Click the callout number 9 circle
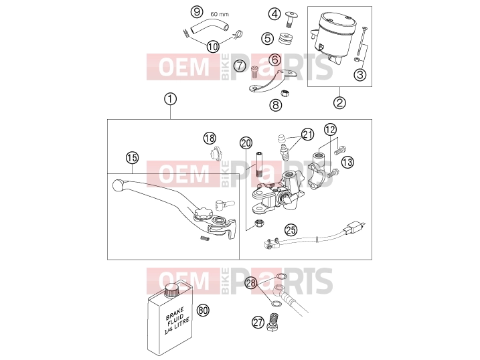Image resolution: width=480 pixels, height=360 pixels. (x=197, y=12)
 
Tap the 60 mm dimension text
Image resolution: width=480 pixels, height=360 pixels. (x=220, y=14)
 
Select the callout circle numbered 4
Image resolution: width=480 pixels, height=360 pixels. (x=274, y=14)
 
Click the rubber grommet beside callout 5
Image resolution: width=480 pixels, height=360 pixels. (x=286, y=38)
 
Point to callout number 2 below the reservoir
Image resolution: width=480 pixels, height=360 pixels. (x=339, y=102)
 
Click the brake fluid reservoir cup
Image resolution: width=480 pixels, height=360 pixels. (x=333, y=35)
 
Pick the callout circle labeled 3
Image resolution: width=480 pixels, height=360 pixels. (x=360, y=74)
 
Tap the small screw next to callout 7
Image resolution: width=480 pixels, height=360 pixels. (x=254, y=72)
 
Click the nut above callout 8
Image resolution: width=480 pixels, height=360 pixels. (x=285, y=92)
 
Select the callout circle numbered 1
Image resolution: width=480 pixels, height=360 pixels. (x=170, y=99)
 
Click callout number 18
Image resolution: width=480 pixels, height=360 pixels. (x=210, y=139)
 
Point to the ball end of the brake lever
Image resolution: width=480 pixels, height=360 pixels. (x=117, y=185)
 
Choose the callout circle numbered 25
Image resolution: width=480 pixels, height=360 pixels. (x=291, y=230)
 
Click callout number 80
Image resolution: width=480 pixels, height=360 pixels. (x=203, y=310)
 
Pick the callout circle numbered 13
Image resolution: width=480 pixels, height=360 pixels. (x=347, y=162)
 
